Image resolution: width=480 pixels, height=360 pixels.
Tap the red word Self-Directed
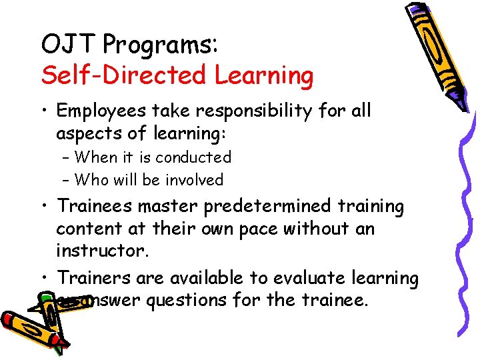125,76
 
